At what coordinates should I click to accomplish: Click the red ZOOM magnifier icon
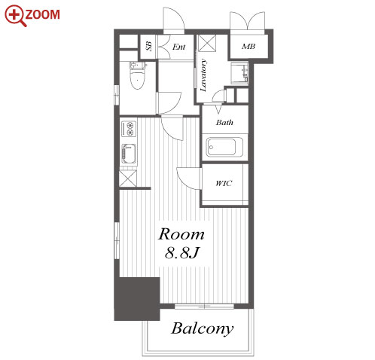(x=15, y=16)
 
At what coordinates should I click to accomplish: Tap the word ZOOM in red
(x=42, y=14)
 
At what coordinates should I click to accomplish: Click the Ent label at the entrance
(x=178, y=47)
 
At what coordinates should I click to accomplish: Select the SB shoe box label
(x=148, y=46)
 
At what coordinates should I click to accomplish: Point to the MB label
(x=248, y=47)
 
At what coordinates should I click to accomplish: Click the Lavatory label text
(x=203, y=75)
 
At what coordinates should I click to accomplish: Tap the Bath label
(x=224, y=122)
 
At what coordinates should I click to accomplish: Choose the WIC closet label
(x=224, y=183)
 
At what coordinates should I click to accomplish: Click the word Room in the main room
(x=181, y=234)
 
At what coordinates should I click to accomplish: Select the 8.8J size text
(x=182, y=252)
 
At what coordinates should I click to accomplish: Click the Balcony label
(x=202, y=328)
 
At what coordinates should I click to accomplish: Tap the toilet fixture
(x=138, y=75)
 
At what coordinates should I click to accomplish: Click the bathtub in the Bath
(x=222, y=147)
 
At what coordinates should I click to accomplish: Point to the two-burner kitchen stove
(x=129, y=128)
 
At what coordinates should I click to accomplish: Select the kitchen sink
(x=129, y=154)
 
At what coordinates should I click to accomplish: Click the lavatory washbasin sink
(x=239, y=73)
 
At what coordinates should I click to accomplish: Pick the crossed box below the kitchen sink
(x=128, y=178)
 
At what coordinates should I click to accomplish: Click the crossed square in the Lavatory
(x=207, y=43)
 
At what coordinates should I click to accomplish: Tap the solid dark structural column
(x=137, y=299)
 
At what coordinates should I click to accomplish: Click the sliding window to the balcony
(x=204, y=307)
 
